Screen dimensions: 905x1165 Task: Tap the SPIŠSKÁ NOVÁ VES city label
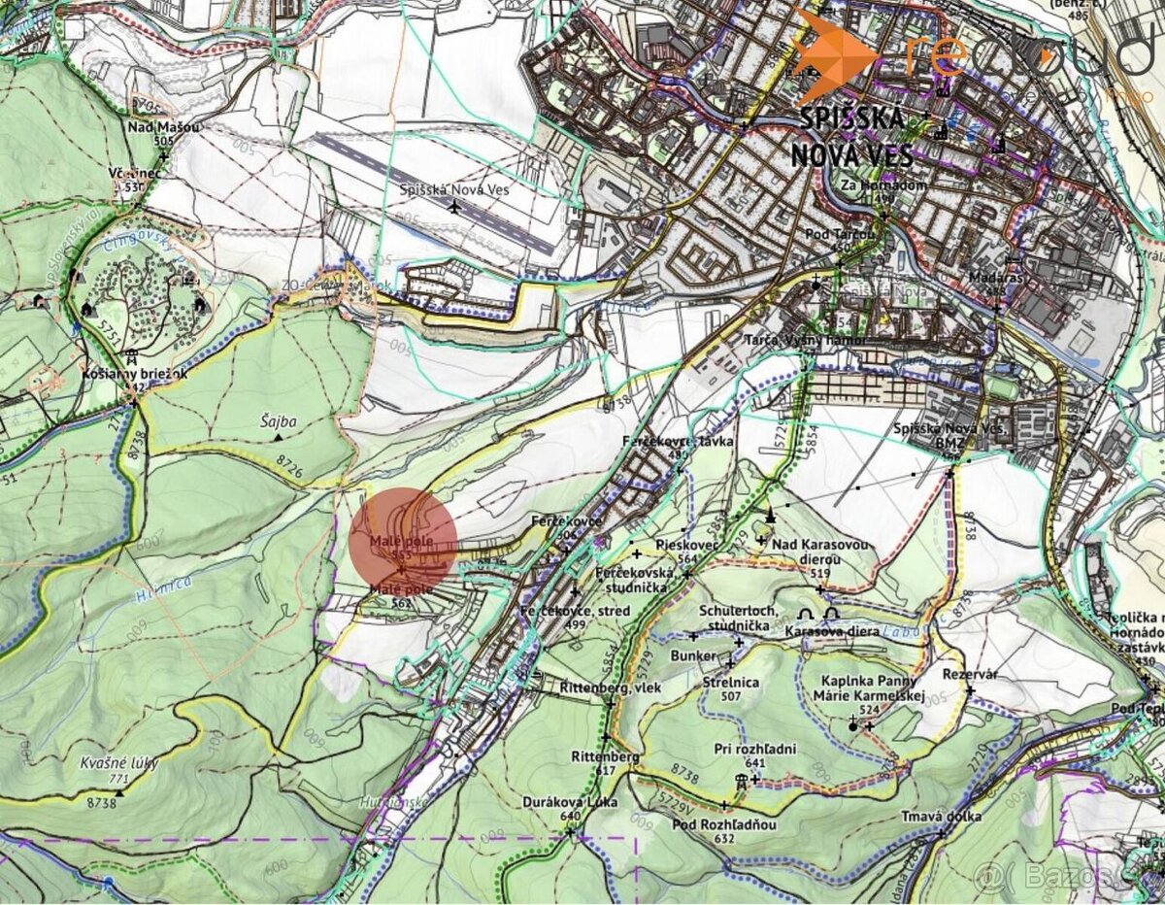(x=851, y=137)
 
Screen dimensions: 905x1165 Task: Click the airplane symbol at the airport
(x=455, y=206)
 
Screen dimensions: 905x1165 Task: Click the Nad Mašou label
(x=163, y=127)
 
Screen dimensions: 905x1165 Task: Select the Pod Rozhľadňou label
(x=724, y=824)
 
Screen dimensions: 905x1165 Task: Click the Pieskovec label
(x=687, y=546)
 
